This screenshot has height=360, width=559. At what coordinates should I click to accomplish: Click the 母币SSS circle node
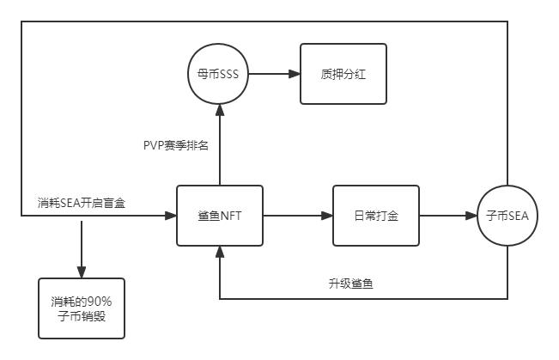(218, 74)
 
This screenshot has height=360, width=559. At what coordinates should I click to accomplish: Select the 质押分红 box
(343, 74)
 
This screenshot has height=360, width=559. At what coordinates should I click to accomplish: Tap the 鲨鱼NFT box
(219, 216)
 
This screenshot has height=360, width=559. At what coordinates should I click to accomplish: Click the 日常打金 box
(375, 216)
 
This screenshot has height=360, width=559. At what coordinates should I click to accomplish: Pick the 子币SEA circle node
(507, 216)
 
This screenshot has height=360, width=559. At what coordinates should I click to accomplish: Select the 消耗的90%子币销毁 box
(82, 308)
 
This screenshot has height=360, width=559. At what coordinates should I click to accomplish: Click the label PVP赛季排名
(175, 145)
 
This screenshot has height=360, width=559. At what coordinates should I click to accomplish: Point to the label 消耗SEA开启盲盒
(85, 203)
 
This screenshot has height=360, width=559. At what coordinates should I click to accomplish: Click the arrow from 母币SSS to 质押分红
(274, 74)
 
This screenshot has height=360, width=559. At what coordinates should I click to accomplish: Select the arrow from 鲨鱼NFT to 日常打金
(296, 216)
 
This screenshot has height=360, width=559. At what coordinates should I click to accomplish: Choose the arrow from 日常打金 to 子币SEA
(447, 216)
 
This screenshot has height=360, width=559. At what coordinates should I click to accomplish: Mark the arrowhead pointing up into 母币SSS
(219, 107)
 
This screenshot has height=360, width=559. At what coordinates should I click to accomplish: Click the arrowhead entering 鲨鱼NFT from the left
(170, 216)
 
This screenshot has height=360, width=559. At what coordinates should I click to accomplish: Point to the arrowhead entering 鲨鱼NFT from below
(219, 252)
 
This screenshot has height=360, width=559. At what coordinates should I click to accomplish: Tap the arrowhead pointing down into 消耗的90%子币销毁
(82, 272)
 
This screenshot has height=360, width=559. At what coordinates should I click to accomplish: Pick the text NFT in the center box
(229, 216)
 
